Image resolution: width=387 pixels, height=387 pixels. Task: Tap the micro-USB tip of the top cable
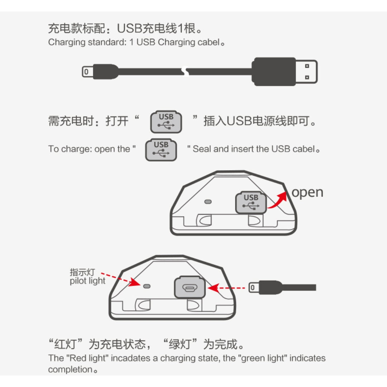(x=87, y=72)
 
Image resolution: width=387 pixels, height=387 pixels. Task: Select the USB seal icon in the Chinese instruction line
(x=166, y=122)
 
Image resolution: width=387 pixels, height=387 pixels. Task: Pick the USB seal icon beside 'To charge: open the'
(x=161, y=150)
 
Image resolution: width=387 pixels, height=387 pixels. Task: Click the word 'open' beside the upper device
(x=307, y=193)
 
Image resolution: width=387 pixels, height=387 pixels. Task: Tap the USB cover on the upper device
(x=251, y=202)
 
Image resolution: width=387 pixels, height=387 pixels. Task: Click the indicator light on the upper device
(x=208, y=202)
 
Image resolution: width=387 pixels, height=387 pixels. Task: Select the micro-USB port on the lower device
(x=190, y=287)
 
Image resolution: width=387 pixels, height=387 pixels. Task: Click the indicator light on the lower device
(x=147, y=286)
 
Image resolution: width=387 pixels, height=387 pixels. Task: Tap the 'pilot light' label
(x=87, y=281)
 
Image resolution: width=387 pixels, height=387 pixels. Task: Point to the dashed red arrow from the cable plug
(x=226, y=288)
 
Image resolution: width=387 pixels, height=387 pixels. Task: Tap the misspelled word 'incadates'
(x=130, y=358)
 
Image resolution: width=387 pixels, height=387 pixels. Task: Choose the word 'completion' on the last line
(x=70, y=369)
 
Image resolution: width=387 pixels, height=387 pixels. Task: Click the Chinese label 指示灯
(x=82, y=272)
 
